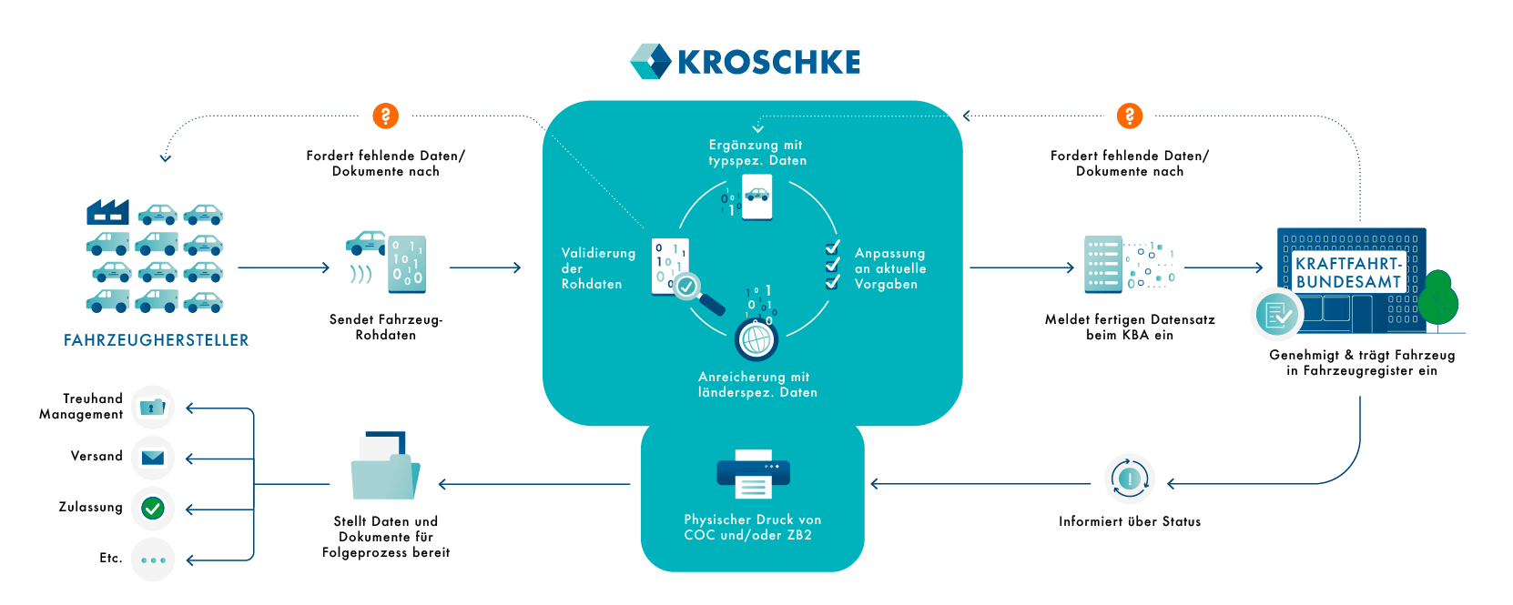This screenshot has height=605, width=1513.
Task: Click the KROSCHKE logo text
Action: [x=768, y=62]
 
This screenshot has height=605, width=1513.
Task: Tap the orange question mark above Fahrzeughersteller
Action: [x=385, y=116]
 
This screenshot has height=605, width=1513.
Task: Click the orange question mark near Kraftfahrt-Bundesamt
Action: [x=1129, y=116]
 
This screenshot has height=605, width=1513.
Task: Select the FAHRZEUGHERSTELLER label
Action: [x=156, y=340]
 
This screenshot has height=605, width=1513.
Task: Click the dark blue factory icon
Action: [x=107, y=212]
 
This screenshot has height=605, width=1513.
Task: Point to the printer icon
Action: [x=753, y=473]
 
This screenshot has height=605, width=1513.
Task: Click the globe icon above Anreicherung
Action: [x=756, y=340]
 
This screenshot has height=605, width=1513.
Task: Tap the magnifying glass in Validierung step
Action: [x=697, y=293]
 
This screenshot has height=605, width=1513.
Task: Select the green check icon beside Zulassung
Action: [x=153, y=508]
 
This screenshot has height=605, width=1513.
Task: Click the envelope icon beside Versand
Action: [x=153, y=457]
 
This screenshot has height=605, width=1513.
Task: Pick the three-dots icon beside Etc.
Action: [x=153, y=560]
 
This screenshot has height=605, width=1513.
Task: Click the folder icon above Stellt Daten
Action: [x=385, y=467]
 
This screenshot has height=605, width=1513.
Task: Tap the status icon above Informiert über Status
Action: [x=1129, y=479]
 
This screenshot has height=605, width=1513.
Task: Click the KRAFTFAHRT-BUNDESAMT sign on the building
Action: [x=1347, y=273]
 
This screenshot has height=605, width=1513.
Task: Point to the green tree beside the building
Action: [x=1438, y=298]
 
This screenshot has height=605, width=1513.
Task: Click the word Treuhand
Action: [x=93, y=398]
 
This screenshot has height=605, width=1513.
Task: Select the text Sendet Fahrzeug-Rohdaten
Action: [x=385, y=327]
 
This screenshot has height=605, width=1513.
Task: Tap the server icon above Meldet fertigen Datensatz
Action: [x=1102, y=265]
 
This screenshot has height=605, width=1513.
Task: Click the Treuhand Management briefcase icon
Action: [x=153, y=407]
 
